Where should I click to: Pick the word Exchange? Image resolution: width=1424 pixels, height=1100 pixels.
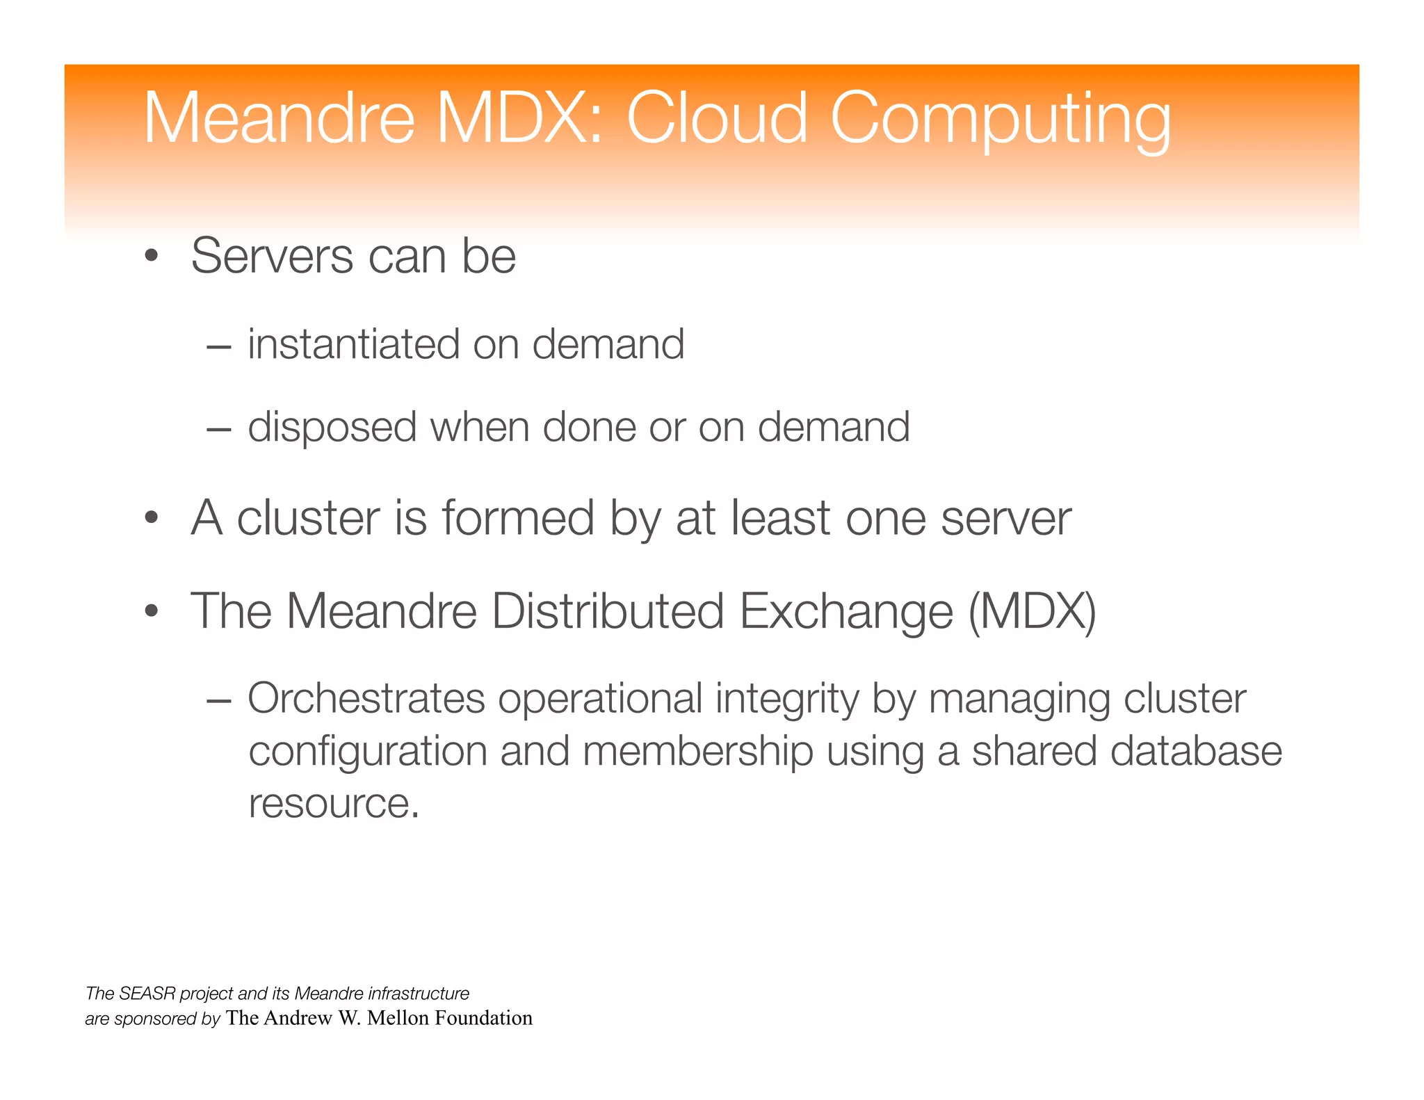click(845, 612)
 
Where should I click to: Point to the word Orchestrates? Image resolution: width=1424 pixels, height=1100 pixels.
click(366, 698)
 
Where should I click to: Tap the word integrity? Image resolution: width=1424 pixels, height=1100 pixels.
click(787, 699)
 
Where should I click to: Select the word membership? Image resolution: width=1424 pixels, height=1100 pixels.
click(697, 752)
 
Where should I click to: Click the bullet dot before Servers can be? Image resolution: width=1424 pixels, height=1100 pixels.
click(152, 257)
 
